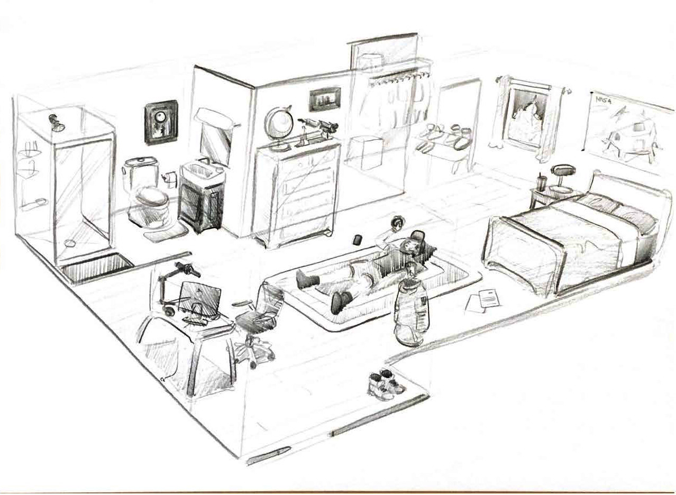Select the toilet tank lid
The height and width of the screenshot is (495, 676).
pos(140,161)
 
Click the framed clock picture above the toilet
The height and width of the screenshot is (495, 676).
pos(160,122)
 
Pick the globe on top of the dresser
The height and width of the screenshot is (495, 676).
pos(278,123)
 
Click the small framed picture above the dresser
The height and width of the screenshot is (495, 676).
pos(324,99)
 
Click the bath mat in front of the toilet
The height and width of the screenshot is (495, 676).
pos(165,232)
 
